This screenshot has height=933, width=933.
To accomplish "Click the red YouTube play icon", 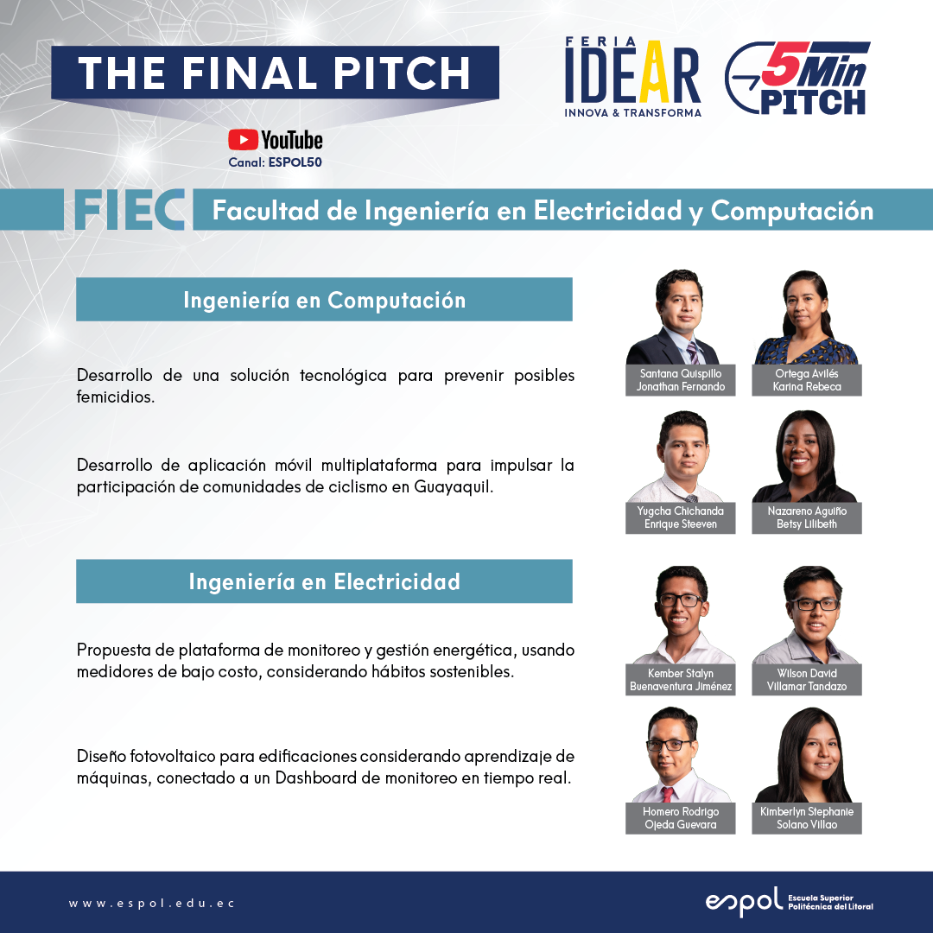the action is (243, 140).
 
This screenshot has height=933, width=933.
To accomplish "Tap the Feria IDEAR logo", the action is (633, 78).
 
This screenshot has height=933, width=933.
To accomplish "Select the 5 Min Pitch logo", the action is (797, 78).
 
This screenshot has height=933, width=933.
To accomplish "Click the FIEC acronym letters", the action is (129, 210).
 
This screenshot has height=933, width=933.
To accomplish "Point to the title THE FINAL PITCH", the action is (275, 73).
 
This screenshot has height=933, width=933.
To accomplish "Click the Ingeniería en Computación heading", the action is (324, 300).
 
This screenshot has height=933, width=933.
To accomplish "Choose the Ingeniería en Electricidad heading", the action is (324, 581).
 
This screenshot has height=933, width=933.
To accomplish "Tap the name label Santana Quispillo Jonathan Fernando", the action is (681, 380).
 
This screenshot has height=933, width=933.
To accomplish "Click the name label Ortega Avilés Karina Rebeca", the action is (807, 380).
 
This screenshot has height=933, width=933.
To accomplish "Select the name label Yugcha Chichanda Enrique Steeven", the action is (681, 517).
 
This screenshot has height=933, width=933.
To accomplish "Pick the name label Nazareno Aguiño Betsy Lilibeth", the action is (807, 517).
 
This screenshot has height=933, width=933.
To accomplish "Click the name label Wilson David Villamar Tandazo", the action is (807, 680).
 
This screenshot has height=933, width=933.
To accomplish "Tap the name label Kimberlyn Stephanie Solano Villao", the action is (807, 818).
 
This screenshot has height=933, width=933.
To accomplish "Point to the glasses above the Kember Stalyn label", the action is (681, 600).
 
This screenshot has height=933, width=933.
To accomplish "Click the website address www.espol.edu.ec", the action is (152, 904).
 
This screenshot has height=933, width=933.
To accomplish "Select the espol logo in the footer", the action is (789, 902).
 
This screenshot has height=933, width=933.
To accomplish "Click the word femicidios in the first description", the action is (116, 397).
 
